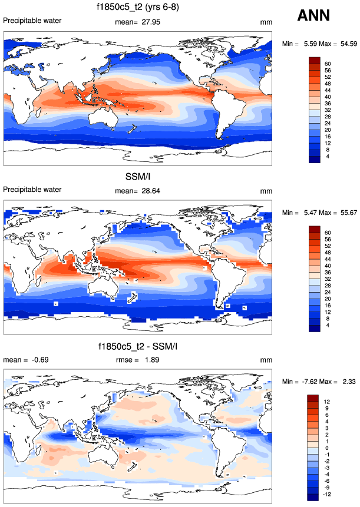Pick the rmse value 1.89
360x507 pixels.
click(153, 360)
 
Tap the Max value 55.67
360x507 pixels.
click(346, 213)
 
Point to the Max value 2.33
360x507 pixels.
click(347, 382)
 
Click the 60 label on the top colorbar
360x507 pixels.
click(328, 64)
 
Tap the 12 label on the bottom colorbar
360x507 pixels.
click(327, 402)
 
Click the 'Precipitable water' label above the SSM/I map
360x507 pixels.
click(32, 190)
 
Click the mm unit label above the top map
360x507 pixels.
click(266, 22)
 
